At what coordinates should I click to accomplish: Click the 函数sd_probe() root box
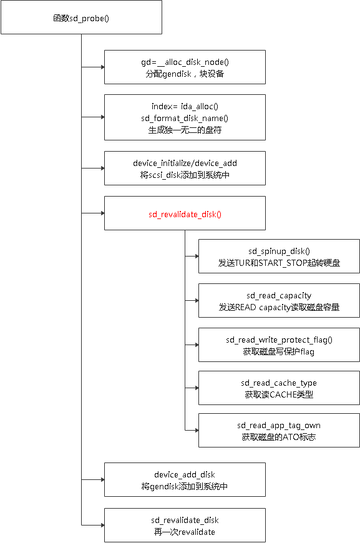81,17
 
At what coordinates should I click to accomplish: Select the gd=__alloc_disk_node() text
185,62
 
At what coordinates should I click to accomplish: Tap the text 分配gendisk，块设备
185,73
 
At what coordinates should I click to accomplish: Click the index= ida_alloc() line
185,106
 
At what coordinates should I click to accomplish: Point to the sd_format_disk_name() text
185,117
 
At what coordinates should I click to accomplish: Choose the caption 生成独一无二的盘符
185,129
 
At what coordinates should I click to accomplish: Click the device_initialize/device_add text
185,163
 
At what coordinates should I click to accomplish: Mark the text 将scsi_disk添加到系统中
185,174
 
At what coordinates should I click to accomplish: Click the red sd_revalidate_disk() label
185,214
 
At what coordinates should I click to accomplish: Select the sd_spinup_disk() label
279,251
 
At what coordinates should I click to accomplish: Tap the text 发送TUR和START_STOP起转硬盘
279,262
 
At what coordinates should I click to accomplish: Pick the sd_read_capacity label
279,295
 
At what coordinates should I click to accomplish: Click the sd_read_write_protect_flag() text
279,340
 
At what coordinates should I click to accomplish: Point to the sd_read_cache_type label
279,383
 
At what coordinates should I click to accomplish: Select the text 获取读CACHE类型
279,394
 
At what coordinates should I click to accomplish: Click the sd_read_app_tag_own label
279,425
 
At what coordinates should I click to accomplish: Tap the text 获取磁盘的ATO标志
279,436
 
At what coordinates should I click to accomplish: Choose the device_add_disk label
185,474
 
